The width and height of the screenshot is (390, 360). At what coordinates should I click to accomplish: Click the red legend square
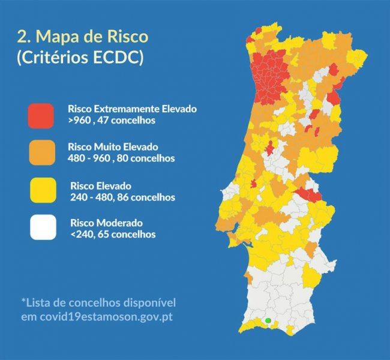pyautogui.click(x=41, y=115)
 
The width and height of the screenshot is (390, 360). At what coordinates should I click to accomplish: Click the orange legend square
pyautogui.click(x=41, y=152)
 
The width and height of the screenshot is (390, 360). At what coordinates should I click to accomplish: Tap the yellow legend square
pyautogui.click(x=41, y=191)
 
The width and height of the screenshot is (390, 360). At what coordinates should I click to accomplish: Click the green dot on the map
pyautogui.click(x=268, y=320)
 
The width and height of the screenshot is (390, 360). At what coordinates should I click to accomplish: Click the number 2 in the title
pyautogui.click(x=23, y=37)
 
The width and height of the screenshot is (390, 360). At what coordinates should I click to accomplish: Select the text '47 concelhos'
pyautogui.click(x=130, y=120)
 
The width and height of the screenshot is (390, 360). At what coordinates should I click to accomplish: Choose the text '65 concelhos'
pyautogui.click(x=130, y=234)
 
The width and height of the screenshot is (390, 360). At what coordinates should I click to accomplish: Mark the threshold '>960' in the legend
pyautogui.click(x=80, y=120)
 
